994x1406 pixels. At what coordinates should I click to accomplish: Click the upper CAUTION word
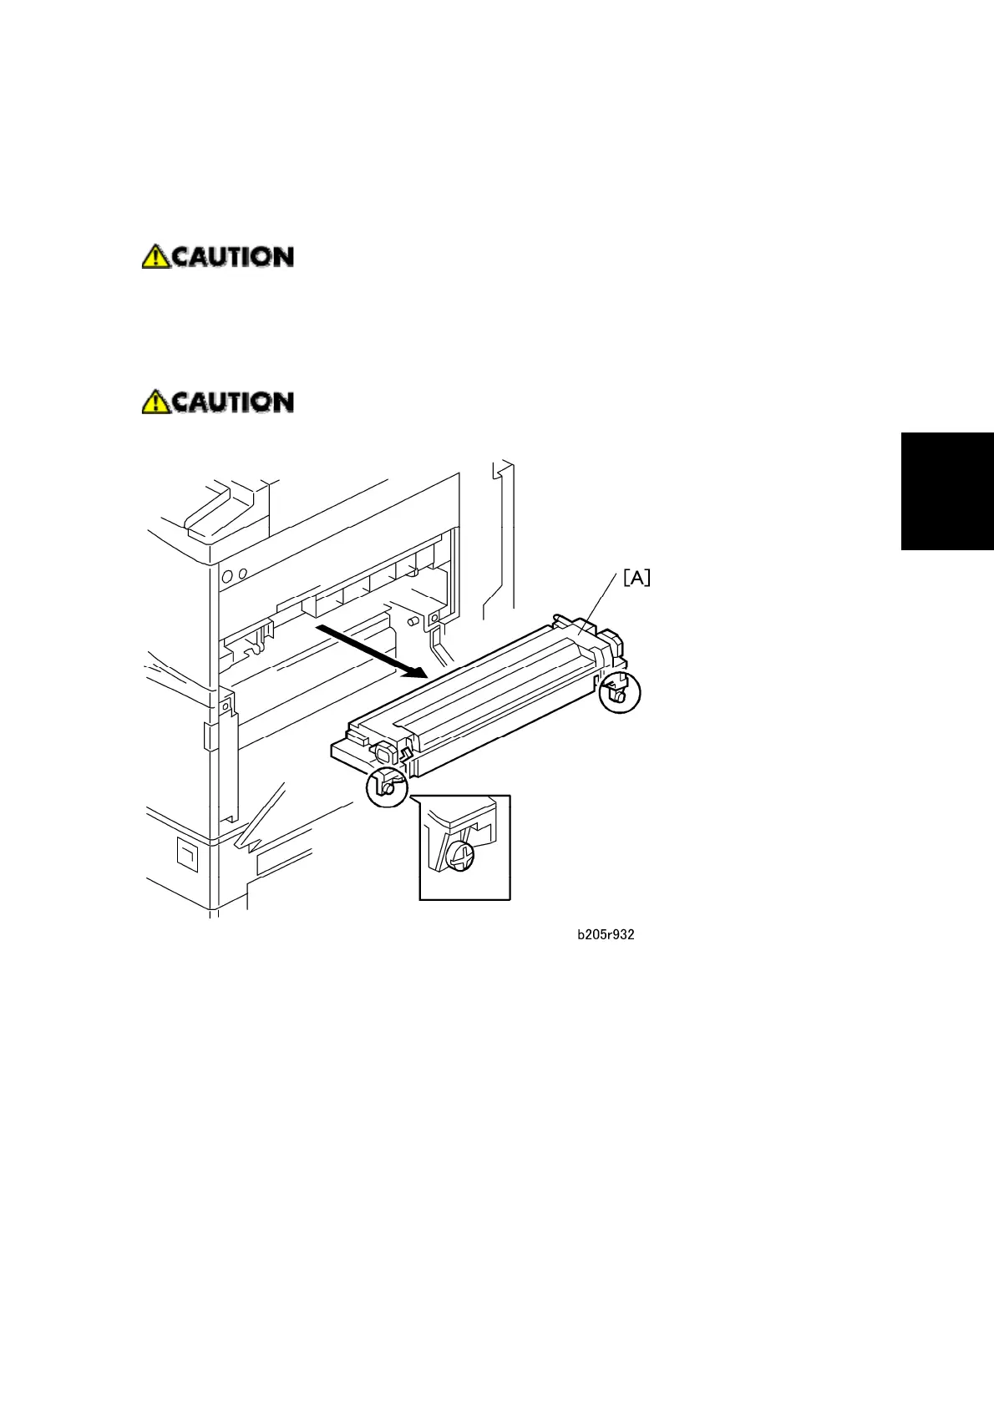[x=232, y=256]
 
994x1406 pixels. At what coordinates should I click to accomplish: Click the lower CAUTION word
[x=232, y=402]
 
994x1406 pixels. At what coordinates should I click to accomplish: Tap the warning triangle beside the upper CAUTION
[x=155, y=256]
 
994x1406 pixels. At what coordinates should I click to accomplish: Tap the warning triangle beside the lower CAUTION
[x=155, y=402]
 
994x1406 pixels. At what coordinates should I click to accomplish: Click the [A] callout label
[x=636, y=578]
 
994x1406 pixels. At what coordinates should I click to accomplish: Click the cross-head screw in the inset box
[x=459, y=855]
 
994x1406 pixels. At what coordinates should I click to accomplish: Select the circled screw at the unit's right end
[x=619, y=693]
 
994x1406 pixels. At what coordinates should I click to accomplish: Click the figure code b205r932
[x=606, y=935]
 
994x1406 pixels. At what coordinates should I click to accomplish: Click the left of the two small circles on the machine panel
[x=227, y=576]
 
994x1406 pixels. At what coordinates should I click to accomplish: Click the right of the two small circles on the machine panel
[x=242, y=574]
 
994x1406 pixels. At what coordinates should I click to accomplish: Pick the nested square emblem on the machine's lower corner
[x=187, y=854]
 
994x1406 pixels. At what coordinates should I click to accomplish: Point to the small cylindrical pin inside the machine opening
[x=412, y=622]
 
